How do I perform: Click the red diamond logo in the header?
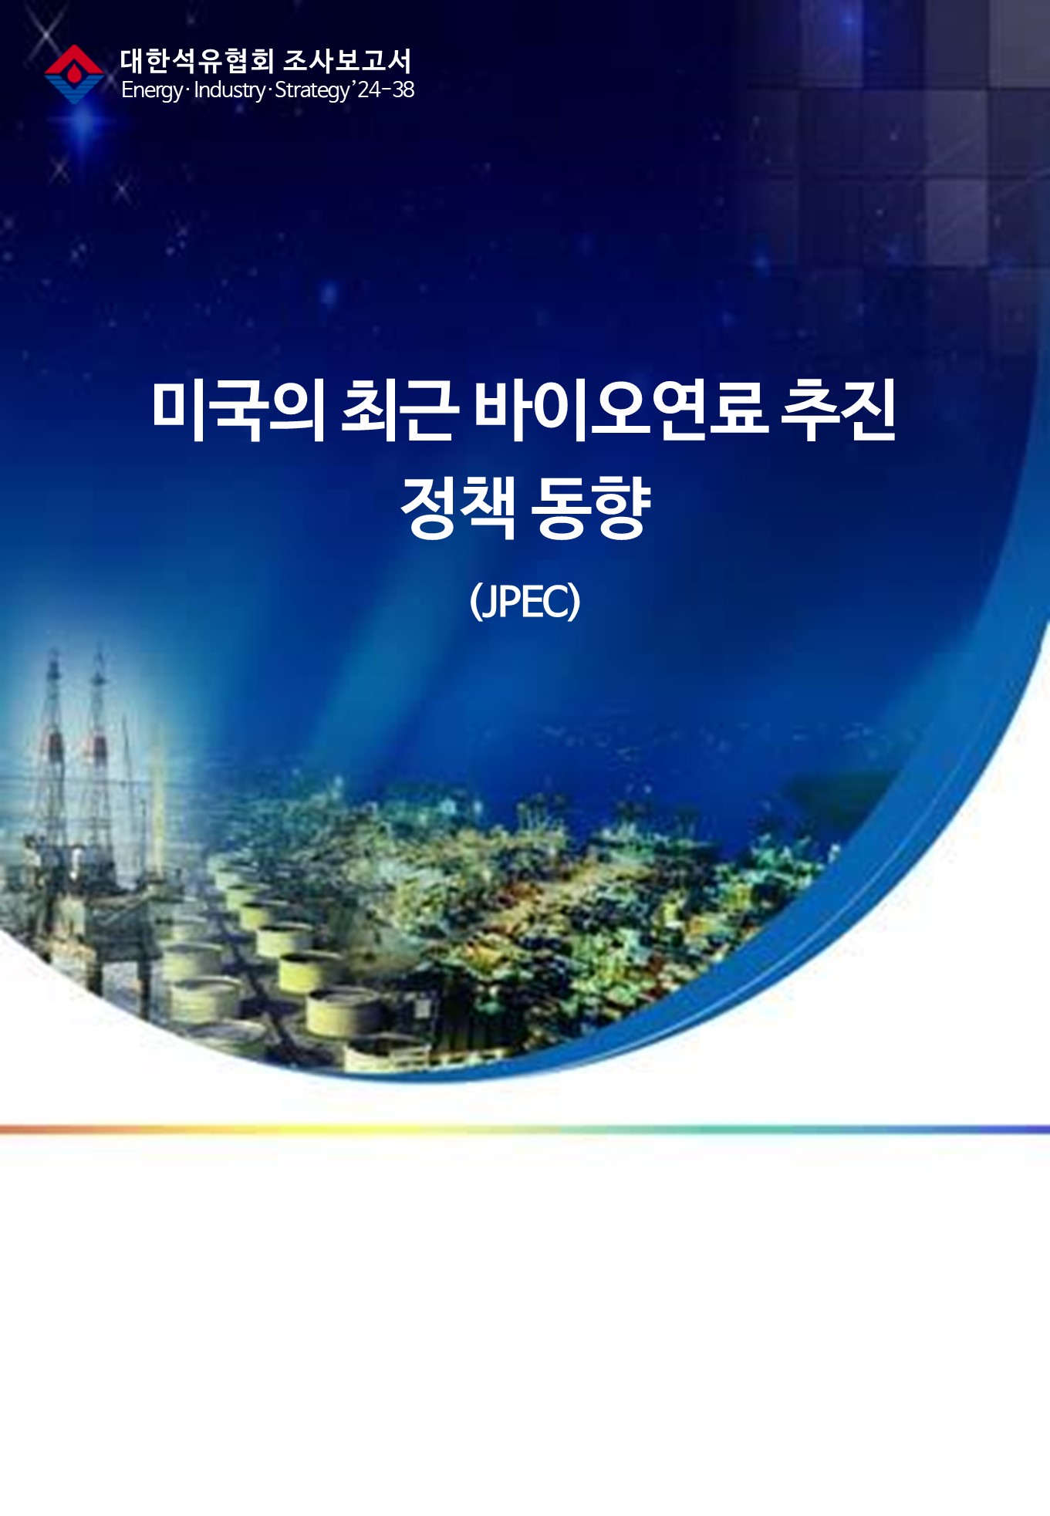coord(74,74)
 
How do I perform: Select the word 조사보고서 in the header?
coord(347,61)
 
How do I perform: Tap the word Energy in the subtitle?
coord(152,90)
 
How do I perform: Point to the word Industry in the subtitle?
coord(229,90)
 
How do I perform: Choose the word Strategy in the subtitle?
coord(312,90)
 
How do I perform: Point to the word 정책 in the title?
coord(458,507)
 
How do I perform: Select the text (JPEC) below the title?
coord(525,601)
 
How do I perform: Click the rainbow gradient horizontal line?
coord(525,1129)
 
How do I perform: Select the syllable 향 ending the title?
coord(622,507)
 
